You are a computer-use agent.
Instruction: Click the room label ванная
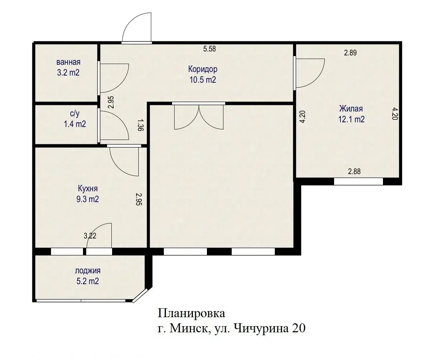coord(68,61)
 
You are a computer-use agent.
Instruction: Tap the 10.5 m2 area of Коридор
coord(203,80)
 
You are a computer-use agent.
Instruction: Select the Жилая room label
coord(351,108)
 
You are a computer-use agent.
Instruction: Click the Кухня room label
coord(88,188)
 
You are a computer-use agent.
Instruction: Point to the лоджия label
coord(88,271)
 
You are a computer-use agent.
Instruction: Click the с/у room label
coord(75,114)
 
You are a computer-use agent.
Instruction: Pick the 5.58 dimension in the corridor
coord(209,49)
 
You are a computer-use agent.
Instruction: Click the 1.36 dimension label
coord(140,125)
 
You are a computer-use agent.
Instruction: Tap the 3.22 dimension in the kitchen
coord(90,236)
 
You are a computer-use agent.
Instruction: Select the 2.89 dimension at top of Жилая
coord(350,53)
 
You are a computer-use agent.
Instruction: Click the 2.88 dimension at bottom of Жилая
coord(354,172)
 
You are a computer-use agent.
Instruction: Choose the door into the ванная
coord(113,77)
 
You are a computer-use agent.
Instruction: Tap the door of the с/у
coord(113,125)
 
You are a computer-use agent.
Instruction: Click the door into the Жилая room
coord(309,73)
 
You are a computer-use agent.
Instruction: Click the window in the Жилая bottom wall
coord(358,182)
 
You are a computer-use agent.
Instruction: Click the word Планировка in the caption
coord(191,313)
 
